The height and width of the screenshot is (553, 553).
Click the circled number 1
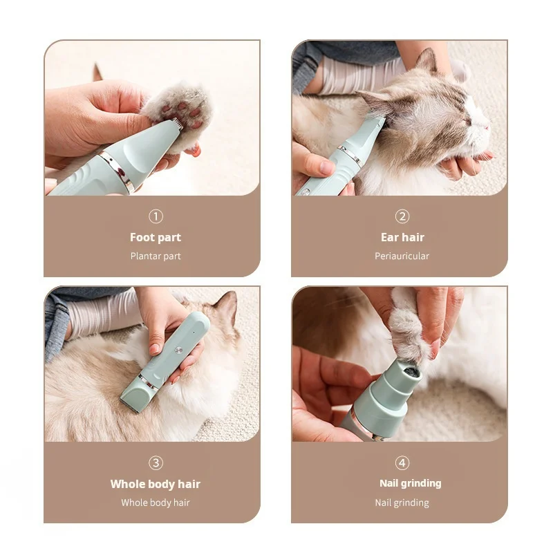tap(156, 216)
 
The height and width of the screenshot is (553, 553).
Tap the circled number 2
tap(402, 216)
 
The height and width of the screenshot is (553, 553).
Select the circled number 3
tap(156, 462)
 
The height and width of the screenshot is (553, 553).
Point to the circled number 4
tap(402, 462)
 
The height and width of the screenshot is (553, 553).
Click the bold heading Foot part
tap(156, 237)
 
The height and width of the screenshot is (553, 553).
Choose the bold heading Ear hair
tap(402, 237)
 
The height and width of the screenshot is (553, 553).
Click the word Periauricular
tap(402, 256)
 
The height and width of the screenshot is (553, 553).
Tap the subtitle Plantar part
tap(156, 256)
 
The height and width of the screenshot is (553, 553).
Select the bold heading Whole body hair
tap(156, 484)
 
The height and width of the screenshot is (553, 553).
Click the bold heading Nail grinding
tap(411, 483)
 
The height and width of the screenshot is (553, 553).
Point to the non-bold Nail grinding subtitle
tap(402, 503)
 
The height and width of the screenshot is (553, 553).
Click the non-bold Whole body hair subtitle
tap(156, 503)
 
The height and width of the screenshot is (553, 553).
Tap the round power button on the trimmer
tap(179, 350)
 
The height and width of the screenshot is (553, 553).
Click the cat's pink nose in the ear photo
tap(487, 126)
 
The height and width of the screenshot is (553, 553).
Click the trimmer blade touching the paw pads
tap(174, 124)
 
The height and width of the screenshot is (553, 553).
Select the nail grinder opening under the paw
tap(411, 371)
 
